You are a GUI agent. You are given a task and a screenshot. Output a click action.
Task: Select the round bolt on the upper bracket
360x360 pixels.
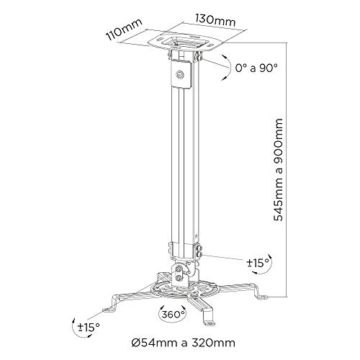click(x=178, y=72)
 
